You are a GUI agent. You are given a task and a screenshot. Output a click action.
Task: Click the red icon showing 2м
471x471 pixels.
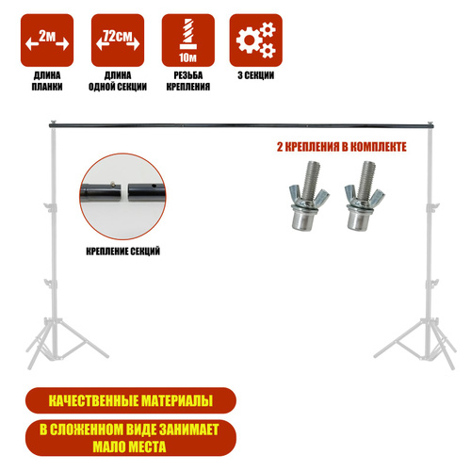click(47, 41)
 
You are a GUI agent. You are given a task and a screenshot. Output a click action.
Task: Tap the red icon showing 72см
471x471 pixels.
click(118, 41)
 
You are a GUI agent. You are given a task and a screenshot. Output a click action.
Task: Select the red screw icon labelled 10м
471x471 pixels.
click(188, 41)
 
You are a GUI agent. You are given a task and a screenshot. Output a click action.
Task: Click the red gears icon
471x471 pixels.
click(256, 41)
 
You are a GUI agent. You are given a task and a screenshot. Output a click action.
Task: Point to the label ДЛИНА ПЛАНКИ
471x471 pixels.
click(47, 81)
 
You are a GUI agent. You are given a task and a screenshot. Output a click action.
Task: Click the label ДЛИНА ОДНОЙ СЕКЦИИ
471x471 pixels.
click(118, 81)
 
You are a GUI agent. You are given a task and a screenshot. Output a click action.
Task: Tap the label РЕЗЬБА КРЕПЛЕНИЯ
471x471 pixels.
click(188, 81)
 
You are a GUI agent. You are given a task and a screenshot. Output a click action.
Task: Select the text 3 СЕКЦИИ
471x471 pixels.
click(256, 75)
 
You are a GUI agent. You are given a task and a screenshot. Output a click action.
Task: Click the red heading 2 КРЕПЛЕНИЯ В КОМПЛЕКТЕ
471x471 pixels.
click(342, 147)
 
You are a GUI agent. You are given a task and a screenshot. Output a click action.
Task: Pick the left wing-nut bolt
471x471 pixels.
click(308, 196)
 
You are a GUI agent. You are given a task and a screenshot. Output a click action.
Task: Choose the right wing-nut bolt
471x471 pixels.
click(364, 195)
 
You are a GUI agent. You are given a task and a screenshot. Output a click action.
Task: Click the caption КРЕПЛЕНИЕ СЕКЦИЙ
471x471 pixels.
click(123, 252)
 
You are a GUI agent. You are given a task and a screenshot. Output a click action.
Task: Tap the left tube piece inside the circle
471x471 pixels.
click(101, 192)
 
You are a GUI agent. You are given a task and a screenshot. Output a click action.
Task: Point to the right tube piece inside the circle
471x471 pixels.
click(146, 192)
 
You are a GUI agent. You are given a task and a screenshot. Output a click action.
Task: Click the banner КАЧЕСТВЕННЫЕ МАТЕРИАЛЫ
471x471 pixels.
click(131, 400)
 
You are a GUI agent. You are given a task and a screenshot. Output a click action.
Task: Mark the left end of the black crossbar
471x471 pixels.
click(50, 126)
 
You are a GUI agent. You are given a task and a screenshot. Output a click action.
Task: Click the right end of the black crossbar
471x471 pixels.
click(433, 126)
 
